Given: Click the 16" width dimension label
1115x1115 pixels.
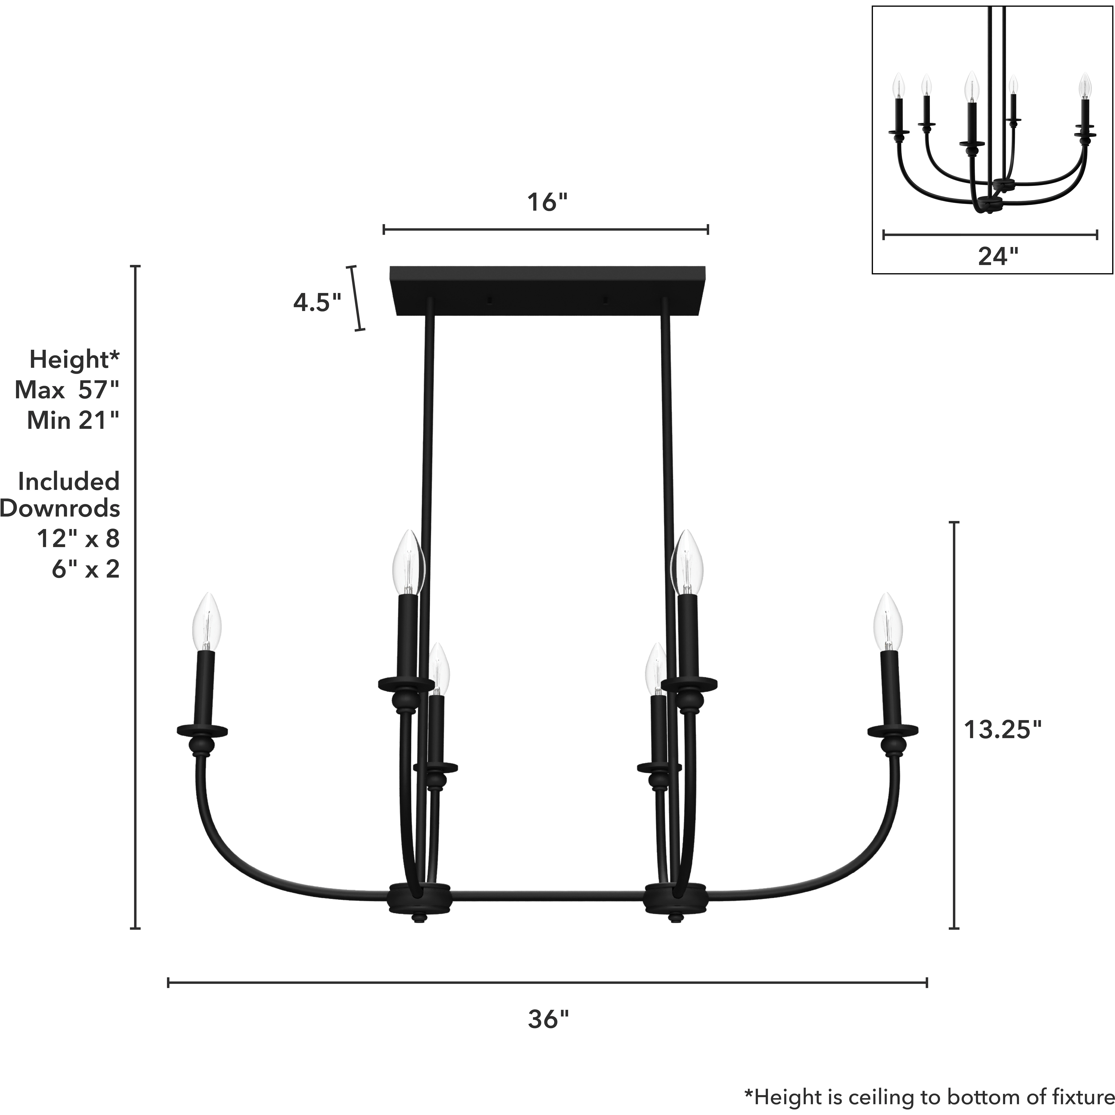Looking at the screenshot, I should coord(546,203).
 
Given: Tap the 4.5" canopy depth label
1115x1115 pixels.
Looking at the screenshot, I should coord(317,302).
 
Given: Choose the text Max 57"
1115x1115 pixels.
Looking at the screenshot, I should coord(67,390).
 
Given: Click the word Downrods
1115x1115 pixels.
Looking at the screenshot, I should coord(60,508).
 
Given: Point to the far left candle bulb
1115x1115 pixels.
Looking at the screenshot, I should coord(207,622).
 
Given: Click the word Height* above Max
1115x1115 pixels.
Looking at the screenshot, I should coord(74,360).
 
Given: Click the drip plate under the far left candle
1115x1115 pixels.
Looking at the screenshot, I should coord(202,731).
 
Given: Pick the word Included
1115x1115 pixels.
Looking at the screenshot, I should coord(69,481).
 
